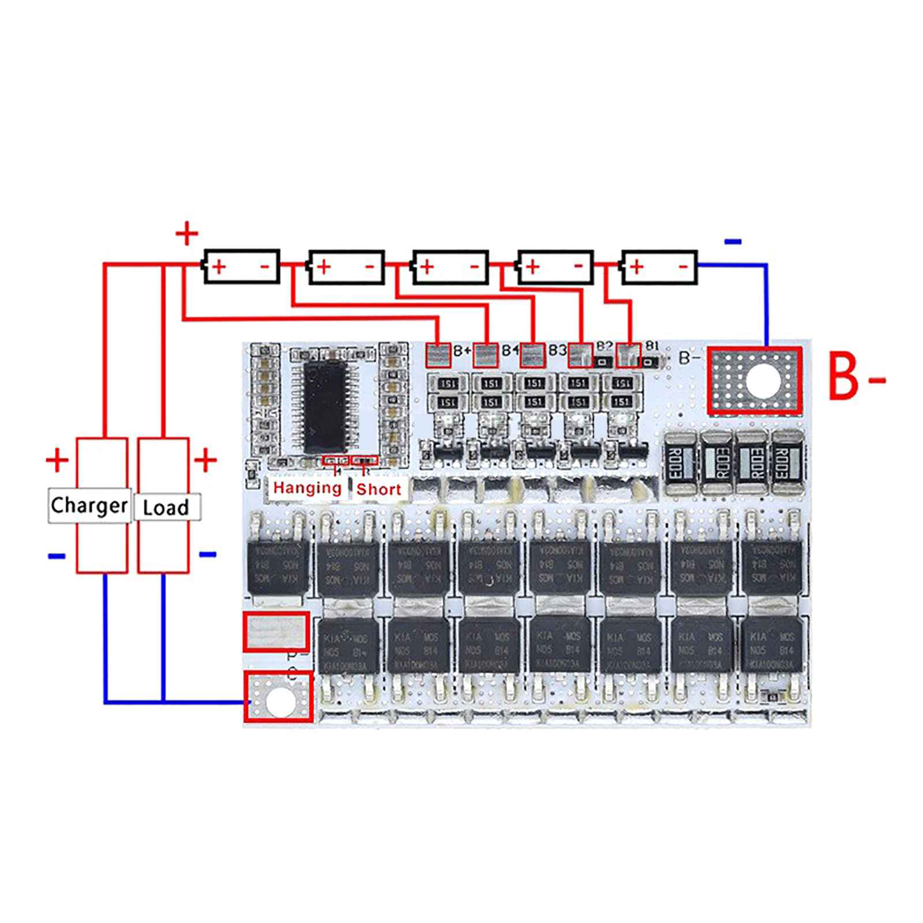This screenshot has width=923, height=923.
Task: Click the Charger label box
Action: click(89, 506)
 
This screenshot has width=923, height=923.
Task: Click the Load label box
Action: click(167, 507)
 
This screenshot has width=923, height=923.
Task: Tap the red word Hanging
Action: click(307, 488)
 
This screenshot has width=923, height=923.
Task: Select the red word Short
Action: click(378, 489)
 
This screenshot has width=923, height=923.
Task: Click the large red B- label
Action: click(856, 378)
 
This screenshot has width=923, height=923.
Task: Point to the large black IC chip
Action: click(325, 407)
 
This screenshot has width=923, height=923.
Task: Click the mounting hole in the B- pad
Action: click(763, 381)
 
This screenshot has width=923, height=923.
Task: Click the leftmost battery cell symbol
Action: click(242, 267)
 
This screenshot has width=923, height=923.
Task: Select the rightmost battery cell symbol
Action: click(659, 267)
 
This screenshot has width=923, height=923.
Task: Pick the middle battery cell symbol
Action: click(451, 267)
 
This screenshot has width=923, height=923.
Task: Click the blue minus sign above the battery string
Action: click(733, 242)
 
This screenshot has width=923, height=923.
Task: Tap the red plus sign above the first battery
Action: click(186, 234)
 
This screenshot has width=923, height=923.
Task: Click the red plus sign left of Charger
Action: click(57, 460)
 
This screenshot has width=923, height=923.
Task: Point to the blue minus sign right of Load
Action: click(208, 554)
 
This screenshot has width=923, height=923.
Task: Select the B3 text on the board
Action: click(557, 350)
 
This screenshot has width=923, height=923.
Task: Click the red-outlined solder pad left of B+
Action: click(438, 355)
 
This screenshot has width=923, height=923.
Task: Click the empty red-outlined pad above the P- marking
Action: click(276, 632)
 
